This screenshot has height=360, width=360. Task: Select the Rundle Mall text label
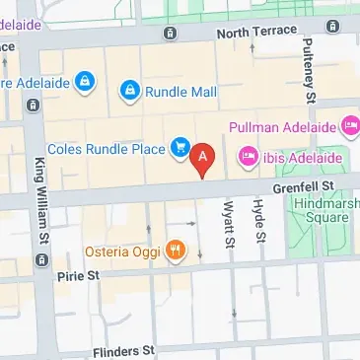pos(182,92)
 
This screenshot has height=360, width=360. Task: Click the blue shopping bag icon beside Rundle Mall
pos(130,92)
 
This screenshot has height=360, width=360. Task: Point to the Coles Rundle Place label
pos(106,149)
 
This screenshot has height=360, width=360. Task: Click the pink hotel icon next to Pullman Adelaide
pos(350,126)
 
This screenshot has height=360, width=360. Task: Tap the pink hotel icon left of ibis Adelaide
pos(247,156)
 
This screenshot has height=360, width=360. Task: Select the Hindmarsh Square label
pos(328,209)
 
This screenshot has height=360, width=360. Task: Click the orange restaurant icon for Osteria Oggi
pos(176,250)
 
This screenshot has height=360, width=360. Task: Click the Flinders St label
pos(123,350)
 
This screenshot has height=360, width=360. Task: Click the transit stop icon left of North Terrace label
pos(171,34)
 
